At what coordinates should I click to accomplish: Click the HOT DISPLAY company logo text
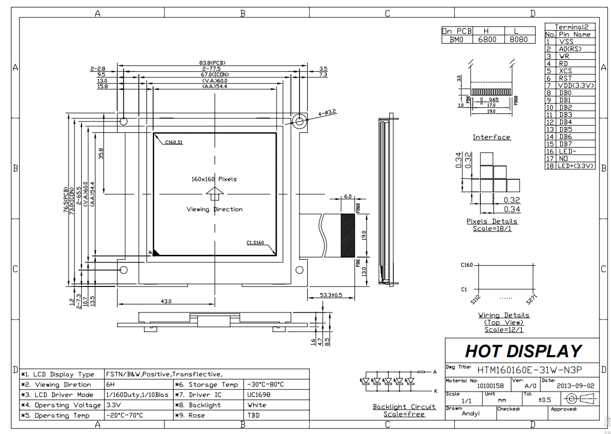(x=523, y=351)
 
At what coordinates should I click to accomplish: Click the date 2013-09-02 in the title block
(x=576, y=385)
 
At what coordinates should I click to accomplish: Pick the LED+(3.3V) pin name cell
(x=576, y=166)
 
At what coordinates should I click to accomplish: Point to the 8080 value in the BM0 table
(x=519, y=40)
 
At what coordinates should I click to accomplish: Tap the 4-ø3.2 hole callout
(x=328, y=113)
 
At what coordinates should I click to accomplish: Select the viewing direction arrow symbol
(x=215, y=194)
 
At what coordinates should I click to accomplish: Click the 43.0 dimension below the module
(x=166, y=301)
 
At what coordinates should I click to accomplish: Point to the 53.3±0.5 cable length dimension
(x=331, y=295)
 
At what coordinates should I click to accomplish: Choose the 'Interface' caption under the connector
(x=491, y=137)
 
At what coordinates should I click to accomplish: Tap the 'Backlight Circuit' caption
(x=404, y=407)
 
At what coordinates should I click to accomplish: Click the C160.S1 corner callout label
(x=173, y=142)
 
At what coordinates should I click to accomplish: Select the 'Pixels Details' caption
(x=492, y=221)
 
